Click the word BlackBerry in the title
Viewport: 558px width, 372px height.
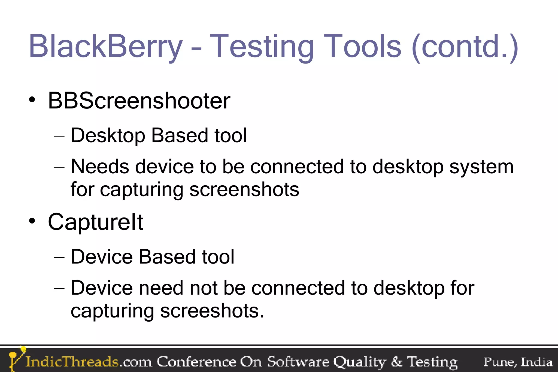click(105, 46)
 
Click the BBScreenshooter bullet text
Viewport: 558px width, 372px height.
click(139, 101)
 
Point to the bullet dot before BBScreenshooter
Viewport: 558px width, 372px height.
click(32, 100)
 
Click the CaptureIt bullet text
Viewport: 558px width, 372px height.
click(95, 222)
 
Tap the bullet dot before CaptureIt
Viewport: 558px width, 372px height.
click(32, 221)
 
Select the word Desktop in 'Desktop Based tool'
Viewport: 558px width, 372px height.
click(108, 135)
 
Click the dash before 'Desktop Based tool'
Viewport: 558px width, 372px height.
click(59, 135)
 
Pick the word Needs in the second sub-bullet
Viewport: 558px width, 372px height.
click(100, 167)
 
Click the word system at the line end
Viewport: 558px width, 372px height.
click(481, 167)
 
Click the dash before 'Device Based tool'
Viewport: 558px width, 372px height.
click(59, 257)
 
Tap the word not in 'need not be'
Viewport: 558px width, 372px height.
click(203, 288)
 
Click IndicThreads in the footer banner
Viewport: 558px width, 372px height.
click(72, 362)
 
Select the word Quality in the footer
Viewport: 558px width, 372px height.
click(360, 362)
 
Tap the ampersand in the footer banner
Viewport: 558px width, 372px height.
click(396, 362)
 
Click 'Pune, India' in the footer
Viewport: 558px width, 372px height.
click(518, 362)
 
